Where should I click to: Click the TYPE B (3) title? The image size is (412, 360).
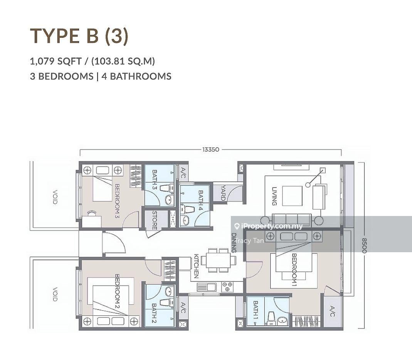[79, 36]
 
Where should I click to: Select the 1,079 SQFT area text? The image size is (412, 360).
[56, 62]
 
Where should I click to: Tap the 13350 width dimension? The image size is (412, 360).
[211, 149]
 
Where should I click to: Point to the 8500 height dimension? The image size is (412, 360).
[364, 246]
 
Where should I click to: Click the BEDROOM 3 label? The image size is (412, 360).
[117, 201]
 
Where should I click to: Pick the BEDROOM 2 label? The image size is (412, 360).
[117, 291]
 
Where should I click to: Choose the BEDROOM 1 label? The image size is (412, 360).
[294, 270]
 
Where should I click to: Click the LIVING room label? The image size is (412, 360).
[274, 196]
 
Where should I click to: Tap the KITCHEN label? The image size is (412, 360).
[196, 266]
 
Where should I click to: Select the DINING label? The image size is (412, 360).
[234, 243]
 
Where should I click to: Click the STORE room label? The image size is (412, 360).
[155, 220]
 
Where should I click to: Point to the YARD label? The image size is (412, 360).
[223, 193]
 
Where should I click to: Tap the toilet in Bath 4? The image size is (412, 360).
[188, 209]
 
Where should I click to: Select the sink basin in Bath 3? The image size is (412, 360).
[170, 200]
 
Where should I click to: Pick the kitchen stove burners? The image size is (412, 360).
[227, 287]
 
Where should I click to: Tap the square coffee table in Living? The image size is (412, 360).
[292, 196]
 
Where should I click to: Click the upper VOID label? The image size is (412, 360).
[55, 197]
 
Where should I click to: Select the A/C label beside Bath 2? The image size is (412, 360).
[183, 308]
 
